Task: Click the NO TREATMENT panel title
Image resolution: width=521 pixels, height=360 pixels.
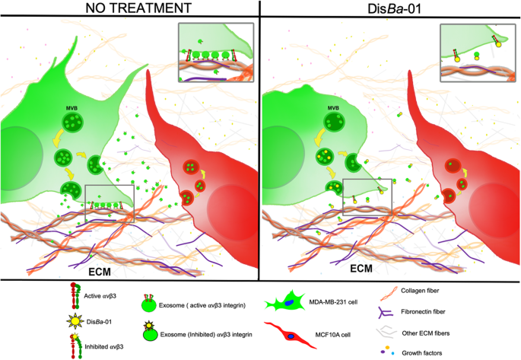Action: click(129, 9)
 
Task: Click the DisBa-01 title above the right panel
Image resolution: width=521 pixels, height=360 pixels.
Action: click(390, 9)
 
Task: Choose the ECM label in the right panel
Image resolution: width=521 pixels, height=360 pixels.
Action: click(360, 269)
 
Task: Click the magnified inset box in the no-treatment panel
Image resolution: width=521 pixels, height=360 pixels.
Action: click(215, 52)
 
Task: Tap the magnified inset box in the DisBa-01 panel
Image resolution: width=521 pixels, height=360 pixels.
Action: click(477, 52)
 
